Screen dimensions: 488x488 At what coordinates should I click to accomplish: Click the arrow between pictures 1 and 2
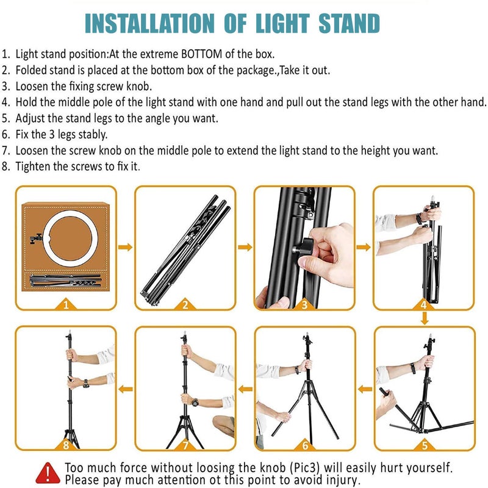(x=125, y=247)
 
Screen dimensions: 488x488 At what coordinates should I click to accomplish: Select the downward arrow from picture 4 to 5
(x=423, y=318)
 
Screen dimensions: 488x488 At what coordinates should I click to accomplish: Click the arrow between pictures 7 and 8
(x=125, y=388)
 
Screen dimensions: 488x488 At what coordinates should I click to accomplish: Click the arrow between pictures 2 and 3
(x=245, y=247)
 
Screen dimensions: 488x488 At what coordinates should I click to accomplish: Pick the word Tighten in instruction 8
(x=32, y=166)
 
